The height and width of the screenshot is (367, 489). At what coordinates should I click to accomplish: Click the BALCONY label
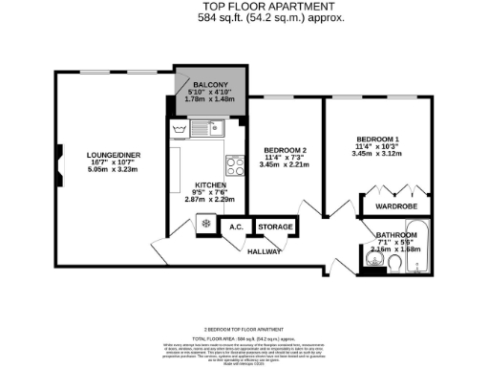click(209, 84)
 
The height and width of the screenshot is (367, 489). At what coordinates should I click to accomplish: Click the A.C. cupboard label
click(233, 227)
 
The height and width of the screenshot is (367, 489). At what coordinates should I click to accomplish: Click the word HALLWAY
click(265, 251)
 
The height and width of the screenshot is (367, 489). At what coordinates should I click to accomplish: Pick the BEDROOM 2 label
click(285, 151)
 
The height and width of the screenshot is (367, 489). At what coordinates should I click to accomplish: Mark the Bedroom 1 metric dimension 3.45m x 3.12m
click(377, 153)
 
